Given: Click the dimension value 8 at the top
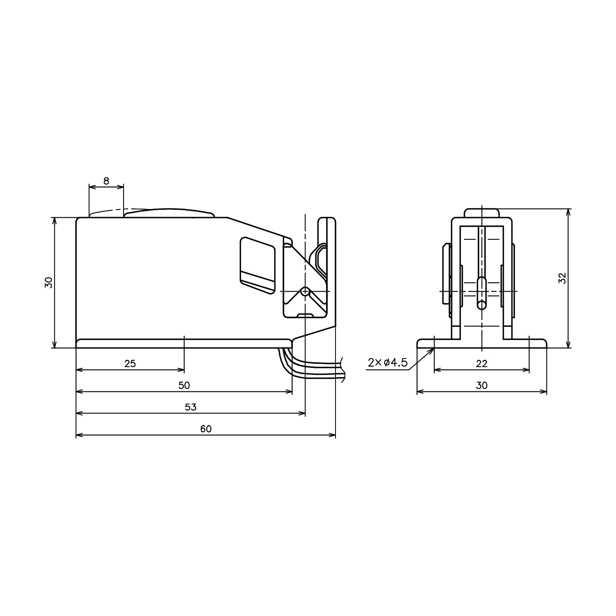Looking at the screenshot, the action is (106, 181).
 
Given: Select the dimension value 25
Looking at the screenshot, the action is (130, 363).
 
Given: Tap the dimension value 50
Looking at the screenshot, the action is (184, 385).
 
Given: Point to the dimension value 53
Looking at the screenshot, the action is (191, 407).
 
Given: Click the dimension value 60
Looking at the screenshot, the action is (206, 429).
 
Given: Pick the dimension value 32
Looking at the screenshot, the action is (562, 278).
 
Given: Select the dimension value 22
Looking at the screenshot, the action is (482, 363).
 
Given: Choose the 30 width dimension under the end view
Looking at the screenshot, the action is (482, 385).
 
